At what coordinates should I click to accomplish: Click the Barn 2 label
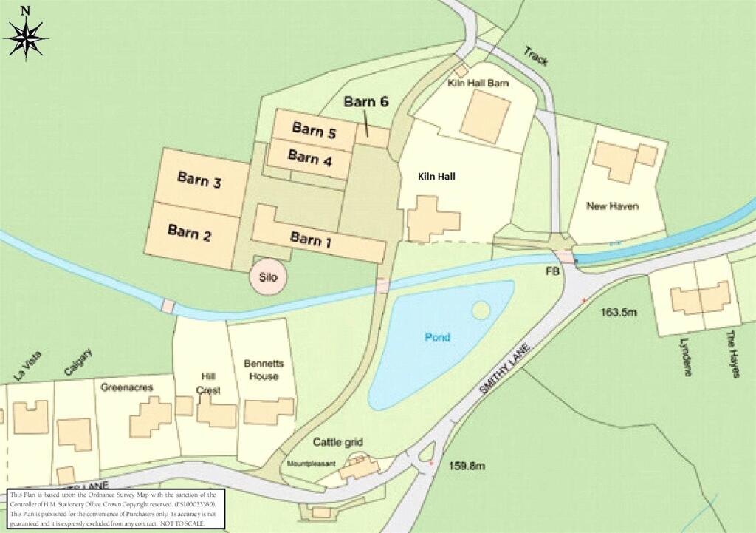pos(190,233)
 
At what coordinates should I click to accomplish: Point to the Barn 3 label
pos(199,180)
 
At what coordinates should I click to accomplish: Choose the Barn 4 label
pos(309,157)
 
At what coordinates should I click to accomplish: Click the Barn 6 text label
pos(366,102)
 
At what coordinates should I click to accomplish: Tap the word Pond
pos(437,337)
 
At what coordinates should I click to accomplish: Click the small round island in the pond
pos(481,310)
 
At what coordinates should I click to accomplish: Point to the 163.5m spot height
pos(619,312)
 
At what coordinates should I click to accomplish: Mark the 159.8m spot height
pos(467,466)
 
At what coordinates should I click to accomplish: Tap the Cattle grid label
pos(337,442)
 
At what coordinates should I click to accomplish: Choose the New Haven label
pos(613,206)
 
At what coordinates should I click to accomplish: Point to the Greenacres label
pos(120,384)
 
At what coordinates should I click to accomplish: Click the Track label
pos(536,55)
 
